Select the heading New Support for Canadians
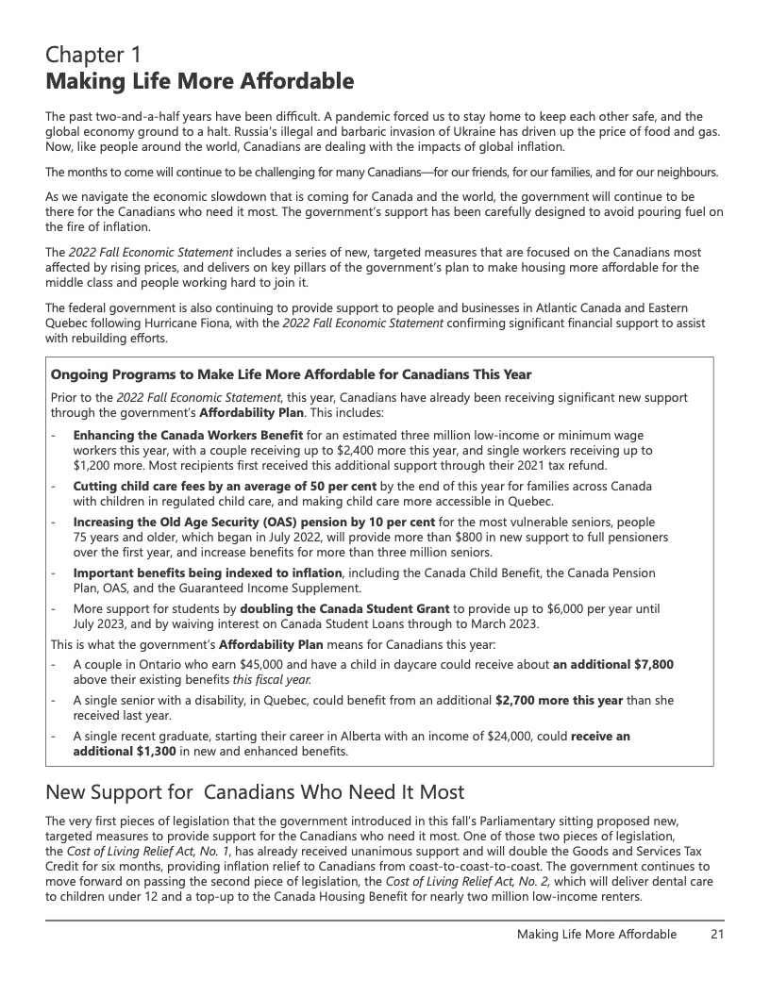click(255, 790)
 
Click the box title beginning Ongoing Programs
click(291, 374)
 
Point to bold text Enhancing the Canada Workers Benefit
click(188, 435)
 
